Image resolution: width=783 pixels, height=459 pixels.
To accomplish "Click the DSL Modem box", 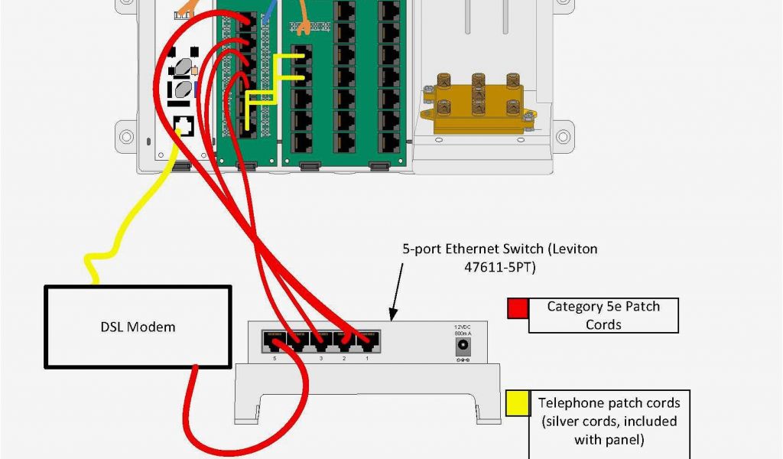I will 138,327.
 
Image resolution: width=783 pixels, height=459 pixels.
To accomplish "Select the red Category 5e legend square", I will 518,308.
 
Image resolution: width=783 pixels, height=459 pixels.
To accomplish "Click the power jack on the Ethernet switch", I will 463,346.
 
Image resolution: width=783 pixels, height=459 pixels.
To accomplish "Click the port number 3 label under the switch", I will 321,358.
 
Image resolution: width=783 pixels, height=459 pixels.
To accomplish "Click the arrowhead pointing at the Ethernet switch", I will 391,315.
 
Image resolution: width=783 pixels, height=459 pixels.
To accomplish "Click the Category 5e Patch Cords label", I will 603,315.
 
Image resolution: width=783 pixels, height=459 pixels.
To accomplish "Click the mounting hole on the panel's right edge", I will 563,136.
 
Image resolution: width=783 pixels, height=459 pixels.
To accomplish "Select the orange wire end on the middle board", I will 304,29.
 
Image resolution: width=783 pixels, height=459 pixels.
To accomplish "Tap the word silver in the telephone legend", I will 565,422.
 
